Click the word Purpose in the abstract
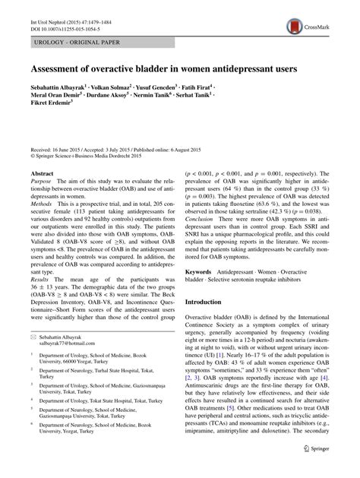click(x=43, y=185)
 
